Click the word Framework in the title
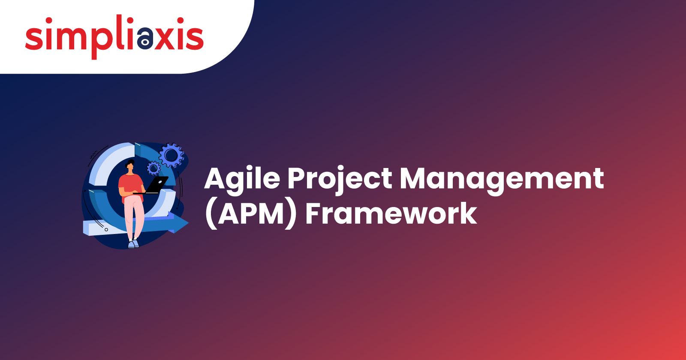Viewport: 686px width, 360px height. [391, 213]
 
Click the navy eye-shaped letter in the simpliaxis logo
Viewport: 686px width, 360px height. [145, 38]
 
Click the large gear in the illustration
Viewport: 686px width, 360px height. [171, 155]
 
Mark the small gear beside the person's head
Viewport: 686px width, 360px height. [154, 168]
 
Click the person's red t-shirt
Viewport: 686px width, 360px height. [131, 187]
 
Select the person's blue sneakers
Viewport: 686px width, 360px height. [133, 244]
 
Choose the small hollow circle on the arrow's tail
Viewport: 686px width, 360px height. [106, 229]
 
